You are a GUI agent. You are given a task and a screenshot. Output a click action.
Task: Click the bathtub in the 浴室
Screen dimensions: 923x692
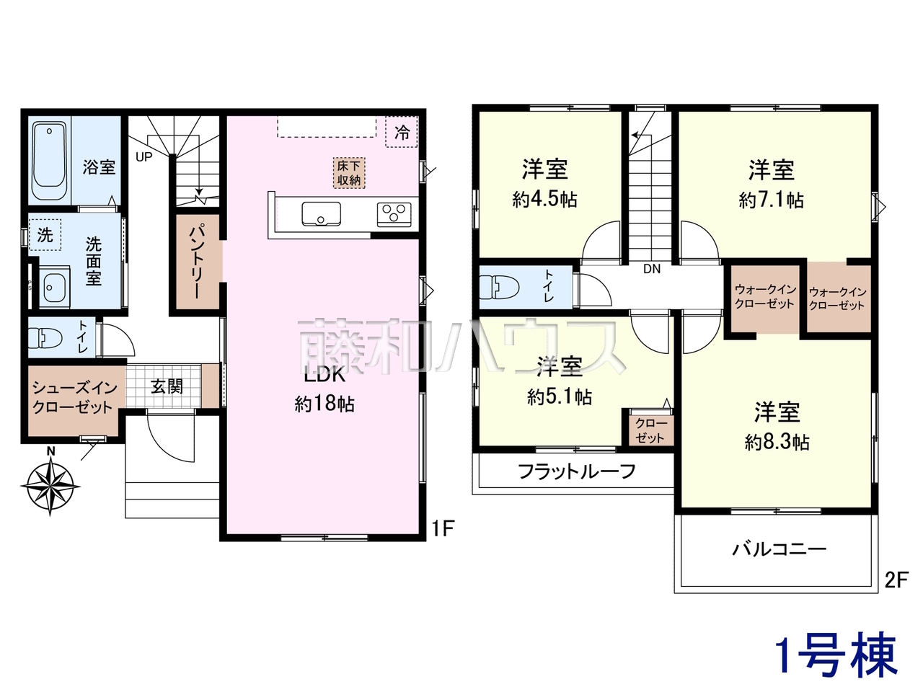(x=50, y=161)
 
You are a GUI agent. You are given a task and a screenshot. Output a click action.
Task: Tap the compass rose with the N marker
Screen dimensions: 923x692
(x=50, y=486)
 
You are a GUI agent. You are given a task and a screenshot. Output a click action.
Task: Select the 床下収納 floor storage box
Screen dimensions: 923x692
(x=349, y=173)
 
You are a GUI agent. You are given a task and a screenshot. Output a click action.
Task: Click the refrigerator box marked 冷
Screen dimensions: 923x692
(x=402, y=132)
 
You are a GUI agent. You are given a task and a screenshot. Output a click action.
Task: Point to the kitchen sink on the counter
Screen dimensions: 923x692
(x=322, y=214)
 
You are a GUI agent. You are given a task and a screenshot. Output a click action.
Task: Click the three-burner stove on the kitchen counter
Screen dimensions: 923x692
(x=394, y=215)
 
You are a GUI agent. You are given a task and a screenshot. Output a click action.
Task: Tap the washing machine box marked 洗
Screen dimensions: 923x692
(x=45, y=234)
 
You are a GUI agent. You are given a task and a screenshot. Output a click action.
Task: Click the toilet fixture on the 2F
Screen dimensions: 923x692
(x=499, y=287)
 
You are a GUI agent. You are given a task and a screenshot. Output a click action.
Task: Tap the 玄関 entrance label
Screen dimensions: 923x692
(x=167, y=386)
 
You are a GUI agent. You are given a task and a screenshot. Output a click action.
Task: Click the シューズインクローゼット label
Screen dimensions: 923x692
(x=74, y=397)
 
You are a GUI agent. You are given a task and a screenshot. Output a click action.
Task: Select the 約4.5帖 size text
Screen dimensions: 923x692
(x=544, y=200)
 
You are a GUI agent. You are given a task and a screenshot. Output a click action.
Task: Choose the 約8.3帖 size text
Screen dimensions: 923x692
(x=777, y=443)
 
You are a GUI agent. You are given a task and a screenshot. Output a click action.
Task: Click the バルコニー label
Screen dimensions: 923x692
(x=780, y=549)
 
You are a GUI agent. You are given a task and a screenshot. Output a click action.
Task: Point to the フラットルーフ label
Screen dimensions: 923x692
(x=576, y=471)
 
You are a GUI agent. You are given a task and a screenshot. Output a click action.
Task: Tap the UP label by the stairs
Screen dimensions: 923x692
(x=143, y=157)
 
